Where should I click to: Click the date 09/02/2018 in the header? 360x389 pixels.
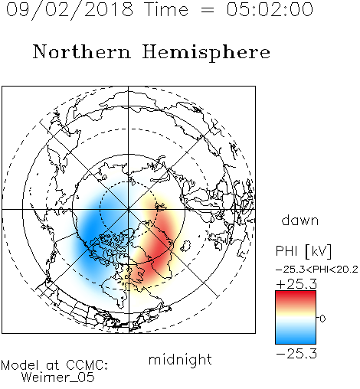[x=70, y=10]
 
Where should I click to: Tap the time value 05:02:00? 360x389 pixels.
[x=270, y=9]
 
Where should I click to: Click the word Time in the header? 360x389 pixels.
[x=166, y=9]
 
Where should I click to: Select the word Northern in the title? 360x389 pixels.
[x=82, y=51]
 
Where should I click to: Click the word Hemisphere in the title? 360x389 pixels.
[x=206, y=53]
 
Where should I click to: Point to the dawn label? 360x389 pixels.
[x=300, y=220]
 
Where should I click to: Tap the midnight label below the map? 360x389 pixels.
[x=180, y=359]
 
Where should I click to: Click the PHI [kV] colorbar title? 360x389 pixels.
[x=303, y=251]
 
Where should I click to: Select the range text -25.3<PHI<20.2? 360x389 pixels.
[x=317, y=270]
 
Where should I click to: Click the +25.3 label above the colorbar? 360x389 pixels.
[x=296, y=284]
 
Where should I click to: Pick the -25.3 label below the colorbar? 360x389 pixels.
[x=296, y=354]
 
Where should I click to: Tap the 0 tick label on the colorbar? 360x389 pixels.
[x=322, y=319]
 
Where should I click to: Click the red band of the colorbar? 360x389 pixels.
[x=296, y=297]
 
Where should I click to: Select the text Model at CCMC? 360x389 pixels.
[x=54, y=365]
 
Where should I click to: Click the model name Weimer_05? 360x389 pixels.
[x=58, y=378]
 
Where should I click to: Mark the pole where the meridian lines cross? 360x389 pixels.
[x=129, y=210]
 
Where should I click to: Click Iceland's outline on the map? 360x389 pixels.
[x=186, y=246]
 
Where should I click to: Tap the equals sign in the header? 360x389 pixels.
[x=207, y=10]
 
